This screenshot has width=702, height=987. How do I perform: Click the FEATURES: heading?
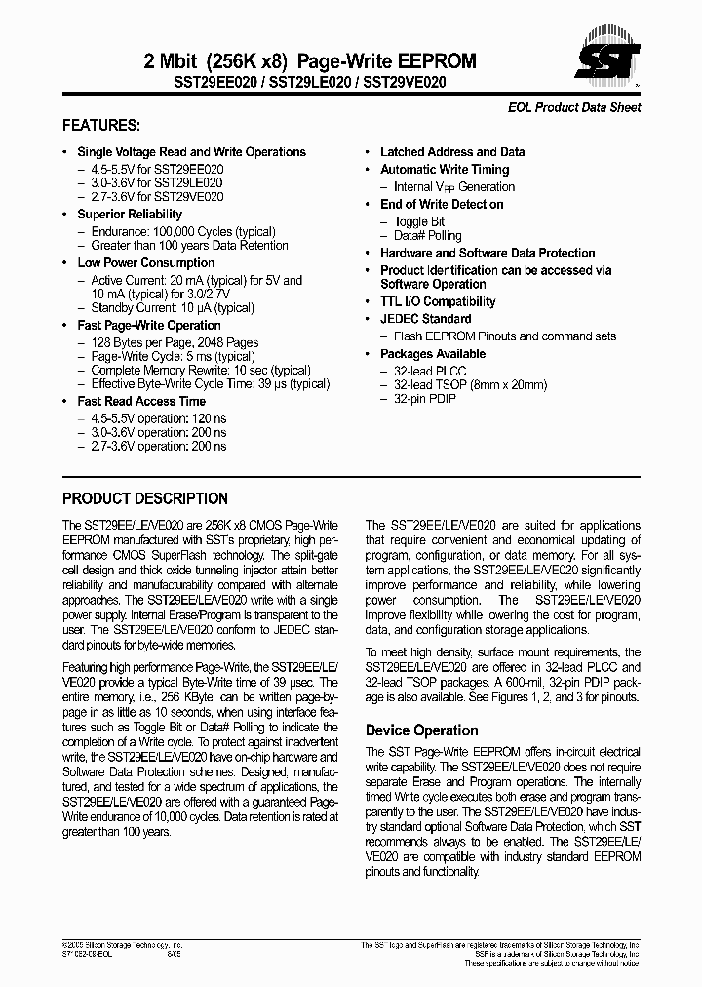[x=101, y=126]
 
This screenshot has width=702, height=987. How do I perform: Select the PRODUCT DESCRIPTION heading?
[x=145, y=498]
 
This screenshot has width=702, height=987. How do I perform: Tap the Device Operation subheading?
[x=421, y=730]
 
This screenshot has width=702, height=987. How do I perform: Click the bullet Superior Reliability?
[x=130, y=215]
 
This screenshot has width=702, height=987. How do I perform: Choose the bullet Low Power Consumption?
[x=145, y=263]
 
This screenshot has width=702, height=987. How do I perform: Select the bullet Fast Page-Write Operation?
[x=149, y=326]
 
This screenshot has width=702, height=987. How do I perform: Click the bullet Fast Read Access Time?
[x=141, y=402]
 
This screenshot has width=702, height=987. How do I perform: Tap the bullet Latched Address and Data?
[x=452, y=152]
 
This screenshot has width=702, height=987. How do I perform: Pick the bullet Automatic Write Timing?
[x=445, y=170]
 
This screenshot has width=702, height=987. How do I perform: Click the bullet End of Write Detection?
[x=442, y=205]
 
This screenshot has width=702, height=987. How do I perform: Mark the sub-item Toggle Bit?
[x=419, y=222]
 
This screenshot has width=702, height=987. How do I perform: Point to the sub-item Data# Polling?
[x=428, y=236]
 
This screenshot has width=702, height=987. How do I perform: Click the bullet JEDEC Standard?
[x=425, y=319]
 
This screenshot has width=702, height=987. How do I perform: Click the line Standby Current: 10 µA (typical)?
[x=172, y=308]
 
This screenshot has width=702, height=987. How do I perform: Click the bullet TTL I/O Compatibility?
[x=438, y=302]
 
